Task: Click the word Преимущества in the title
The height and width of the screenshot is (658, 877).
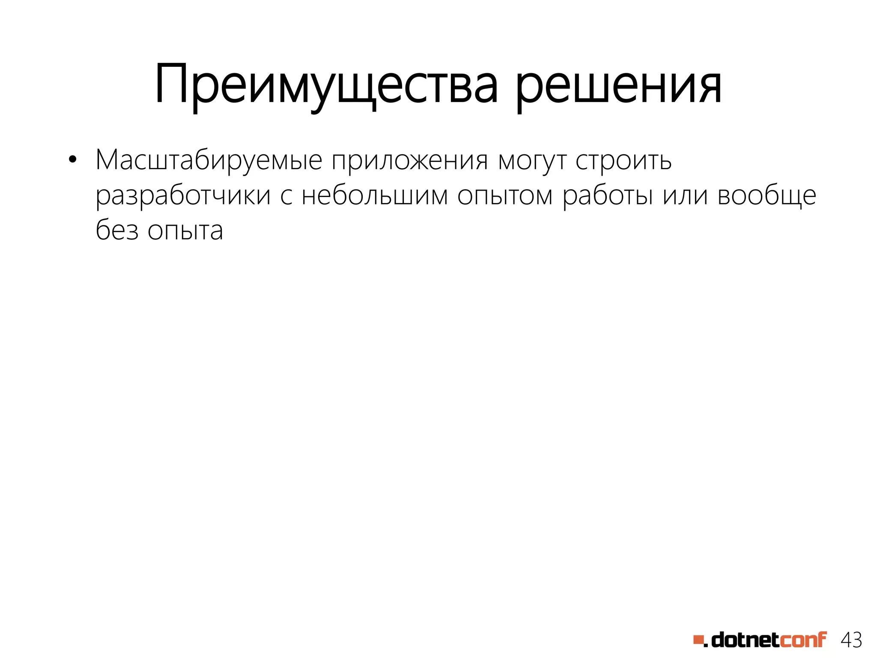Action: point(327,85)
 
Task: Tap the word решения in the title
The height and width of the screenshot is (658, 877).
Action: point(619,85)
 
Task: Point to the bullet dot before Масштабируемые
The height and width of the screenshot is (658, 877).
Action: point(72,160)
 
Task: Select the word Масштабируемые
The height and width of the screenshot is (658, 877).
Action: point(209,161)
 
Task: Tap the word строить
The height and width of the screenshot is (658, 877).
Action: point(623,161)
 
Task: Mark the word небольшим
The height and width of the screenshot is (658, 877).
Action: point(375,196)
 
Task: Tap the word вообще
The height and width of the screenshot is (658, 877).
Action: point(767,196)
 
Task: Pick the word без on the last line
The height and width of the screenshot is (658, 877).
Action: point(117,230)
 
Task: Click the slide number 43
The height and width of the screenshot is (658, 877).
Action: point(851,640)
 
